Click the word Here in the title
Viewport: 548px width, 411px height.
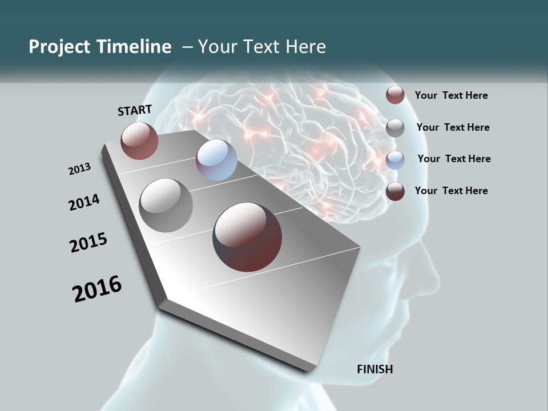click(x=306, y=47)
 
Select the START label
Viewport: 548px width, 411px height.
click(x=135, y=110)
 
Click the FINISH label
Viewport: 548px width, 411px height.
click(x=375, y=369)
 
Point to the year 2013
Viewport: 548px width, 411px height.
click(x=79, y=169)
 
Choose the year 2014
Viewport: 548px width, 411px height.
click(x=84, y=202)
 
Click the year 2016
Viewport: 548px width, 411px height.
click(x=97, y=288)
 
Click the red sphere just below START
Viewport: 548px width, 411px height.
click(x=139, y=140)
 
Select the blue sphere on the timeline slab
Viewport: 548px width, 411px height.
click(x=216, y=160)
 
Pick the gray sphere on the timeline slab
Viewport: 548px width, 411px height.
click(x=166, y=205)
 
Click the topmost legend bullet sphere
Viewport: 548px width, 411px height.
click(x=395, y=95)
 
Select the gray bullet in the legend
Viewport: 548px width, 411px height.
click(x=395, y=128)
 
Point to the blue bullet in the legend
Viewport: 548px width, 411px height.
click(x=395, y=160)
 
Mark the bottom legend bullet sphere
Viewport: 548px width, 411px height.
click(x=395, y=191)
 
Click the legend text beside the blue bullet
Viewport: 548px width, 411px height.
click(x=454, y=159)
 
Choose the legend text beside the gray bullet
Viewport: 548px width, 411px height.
click(x=453, y=127)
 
